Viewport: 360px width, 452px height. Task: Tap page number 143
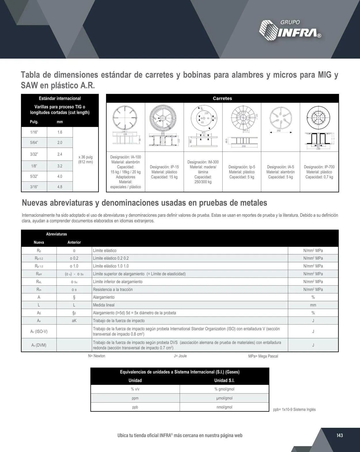340,435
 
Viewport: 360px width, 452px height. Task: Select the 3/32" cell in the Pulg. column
34,154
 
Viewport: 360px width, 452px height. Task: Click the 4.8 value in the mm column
60,187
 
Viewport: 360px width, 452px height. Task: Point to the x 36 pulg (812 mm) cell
86,159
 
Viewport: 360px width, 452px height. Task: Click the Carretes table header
222,98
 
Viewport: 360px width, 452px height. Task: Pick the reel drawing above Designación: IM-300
203,127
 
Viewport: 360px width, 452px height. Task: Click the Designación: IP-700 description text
319,172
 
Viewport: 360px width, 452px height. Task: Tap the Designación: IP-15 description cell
164,172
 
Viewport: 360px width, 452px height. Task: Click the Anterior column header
74,242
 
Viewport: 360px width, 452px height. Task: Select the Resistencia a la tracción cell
113,290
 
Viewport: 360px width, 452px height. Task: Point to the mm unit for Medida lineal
313,305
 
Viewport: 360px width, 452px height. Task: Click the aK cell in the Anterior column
74,321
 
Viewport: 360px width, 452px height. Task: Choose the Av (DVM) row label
39,345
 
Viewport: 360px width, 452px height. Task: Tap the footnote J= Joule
180,356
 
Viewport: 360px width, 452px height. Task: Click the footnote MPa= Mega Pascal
263,356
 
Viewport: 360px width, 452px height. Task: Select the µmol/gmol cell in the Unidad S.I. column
224,398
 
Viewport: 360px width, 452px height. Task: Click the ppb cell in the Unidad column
135,407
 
